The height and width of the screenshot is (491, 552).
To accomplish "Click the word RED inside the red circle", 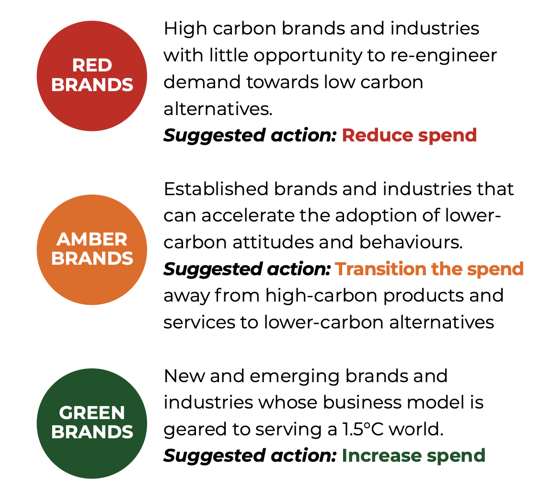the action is pos(92,65).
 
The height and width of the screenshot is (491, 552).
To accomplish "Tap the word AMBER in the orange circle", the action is pos(92,239).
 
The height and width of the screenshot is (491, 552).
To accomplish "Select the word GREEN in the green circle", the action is pos(92,413).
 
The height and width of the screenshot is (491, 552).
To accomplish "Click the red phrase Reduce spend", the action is pos(409,136).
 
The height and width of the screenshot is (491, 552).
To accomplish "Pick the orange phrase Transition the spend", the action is pos(429,269).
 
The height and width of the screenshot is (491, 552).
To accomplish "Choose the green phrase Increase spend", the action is pos(414,456).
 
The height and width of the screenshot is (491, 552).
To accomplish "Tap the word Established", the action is pos(216,189).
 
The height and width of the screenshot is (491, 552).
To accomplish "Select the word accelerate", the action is pos(248,216).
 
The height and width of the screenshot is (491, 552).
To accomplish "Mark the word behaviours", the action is pos(411,242).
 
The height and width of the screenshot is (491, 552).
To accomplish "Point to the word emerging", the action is pos(295,376).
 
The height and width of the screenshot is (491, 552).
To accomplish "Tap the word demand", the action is pos(202,82).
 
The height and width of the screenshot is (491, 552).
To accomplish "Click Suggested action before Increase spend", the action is pos(250,456).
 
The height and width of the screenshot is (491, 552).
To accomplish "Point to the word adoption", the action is pos(376,216).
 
